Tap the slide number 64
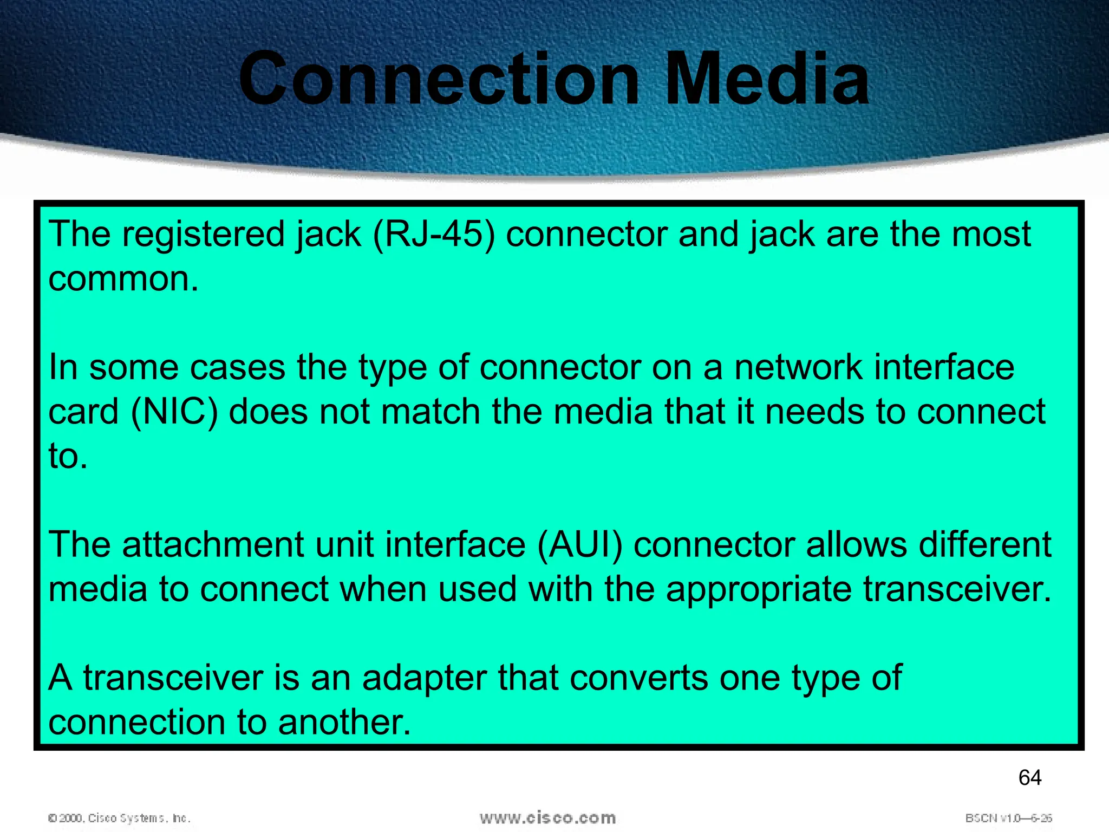1029,777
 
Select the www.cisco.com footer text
547,817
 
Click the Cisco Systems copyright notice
119,818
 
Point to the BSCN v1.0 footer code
1008,818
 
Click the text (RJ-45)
434,235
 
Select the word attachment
213,544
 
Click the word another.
344,723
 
